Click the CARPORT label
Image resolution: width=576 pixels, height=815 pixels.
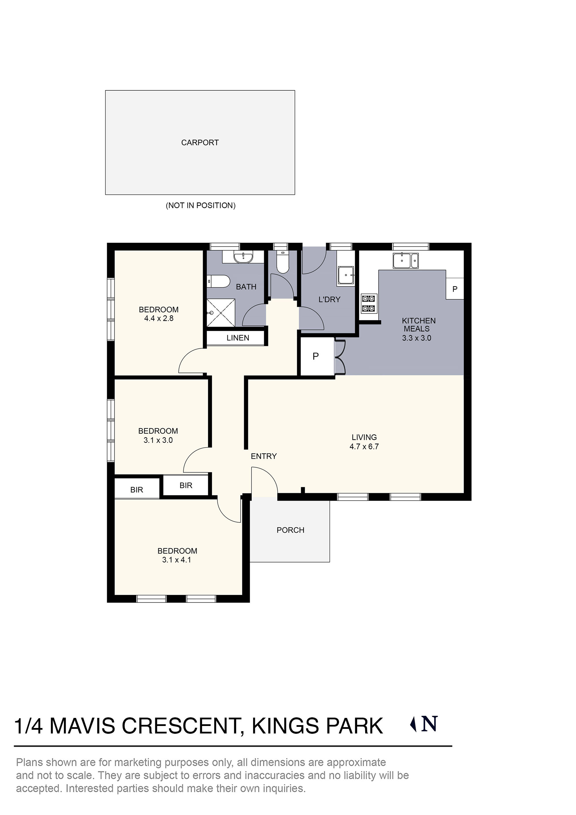pos(200,143)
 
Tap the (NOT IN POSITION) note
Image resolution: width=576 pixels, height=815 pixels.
pos(200,205)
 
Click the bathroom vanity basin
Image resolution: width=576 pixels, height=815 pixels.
pos(243,257)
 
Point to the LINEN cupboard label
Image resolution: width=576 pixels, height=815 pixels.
pos(238,338)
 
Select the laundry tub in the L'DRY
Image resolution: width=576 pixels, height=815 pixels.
pos(346,275)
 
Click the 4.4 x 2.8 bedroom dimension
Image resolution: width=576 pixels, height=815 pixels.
pos(159,318)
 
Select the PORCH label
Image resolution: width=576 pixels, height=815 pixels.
pos(290,530)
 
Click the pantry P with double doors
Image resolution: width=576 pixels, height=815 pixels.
pos(316,356)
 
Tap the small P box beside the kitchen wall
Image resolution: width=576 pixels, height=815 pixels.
pos(455,289)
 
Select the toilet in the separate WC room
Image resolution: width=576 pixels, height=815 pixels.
pos(283,263)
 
